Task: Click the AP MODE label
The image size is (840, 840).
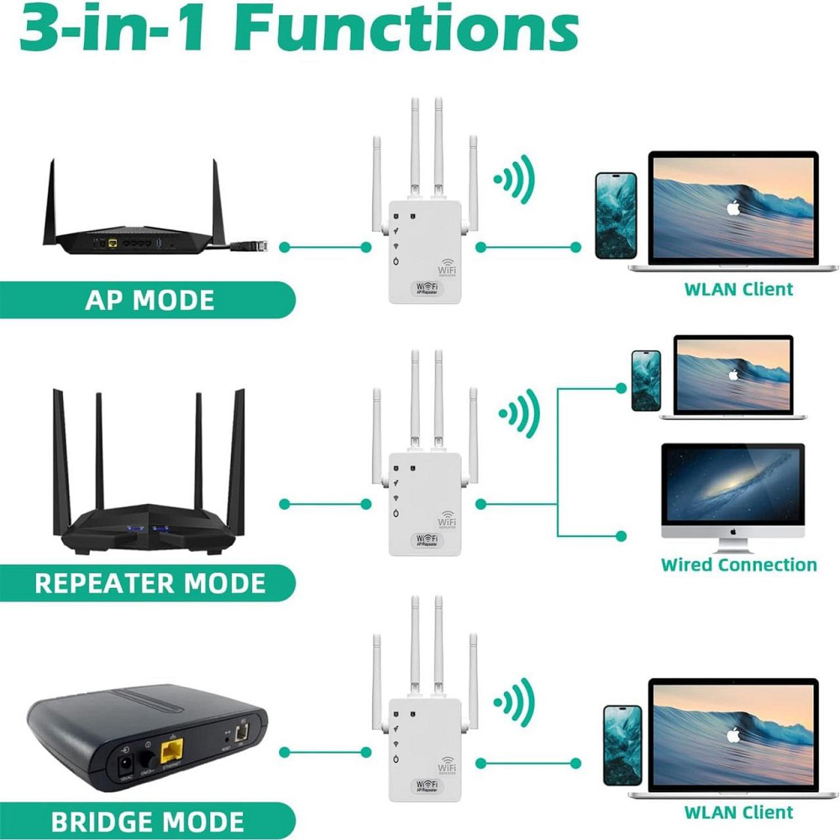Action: [149, 300]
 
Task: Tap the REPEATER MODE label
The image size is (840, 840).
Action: [149, 583]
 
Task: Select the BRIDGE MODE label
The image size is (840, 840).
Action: [147, 821]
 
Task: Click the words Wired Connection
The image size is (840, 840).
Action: [738, 564]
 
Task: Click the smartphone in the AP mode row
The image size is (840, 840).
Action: [616, 215]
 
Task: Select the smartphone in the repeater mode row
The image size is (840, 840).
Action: [646, 381]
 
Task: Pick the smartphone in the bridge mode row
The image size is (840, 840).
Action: [622, 745]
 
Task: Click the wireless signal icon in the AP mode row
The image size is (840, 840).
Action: [514, 178]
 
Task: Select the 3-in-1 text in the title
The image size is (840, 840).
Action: [115, 29]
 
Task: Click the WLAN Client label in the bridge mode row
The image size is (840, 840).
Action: [738, 812]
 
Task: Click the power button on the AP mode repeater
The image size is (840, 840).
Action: [396, 264]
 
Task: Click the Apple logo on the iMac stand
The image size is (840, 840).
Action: [732, 532]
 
